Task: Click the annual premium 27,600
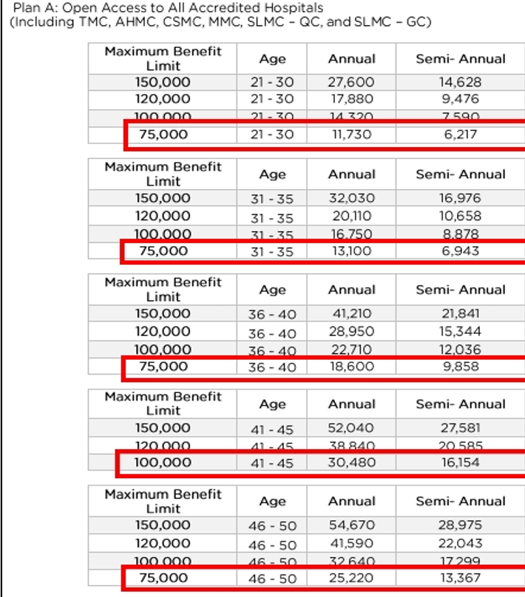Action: pyautogui.click(x=351, y=82)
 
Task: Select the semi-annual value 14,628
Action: pyautogui.click(x=460, y=82)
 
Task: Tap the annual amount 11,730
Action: pyautogui.click(x=351, y=134)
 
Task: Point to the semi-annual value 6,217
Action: pyautogui.click(x=460, y=134)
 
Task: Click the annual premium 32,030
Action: pyautogui.click(x=351, y=198)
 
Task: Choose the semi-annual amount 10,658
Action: pyautogui.click(x=460, y=216)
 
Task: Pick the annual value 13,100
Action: pyautogui.click(x=351, y=250)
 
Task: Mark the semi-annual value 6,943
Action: pyautogui.click(x=460, y=250)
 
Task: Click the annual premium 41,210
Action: pyautogui.click(x=351, y=313)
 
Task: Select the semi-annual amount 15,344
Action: pyautogui.click(x=460, y=332)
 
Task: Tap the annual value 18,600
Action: pyautogui.click(x=351, y=366)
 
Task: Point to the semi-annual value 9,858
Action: pyautogui.click(x=460, y=366)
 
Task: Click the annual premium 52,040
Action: pyautogui.click(x=351, y=428)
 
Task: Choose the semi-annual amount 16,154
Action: pyautogui.click(x=460, y=463)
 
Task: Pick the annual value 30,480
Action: pyautogui.click(x=351, y=463)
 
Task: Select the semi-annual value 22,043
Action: pyautogui.click(x=460, y=543)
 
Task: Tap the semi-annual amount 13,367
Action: pyautogui.click(x=460, y=578)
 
